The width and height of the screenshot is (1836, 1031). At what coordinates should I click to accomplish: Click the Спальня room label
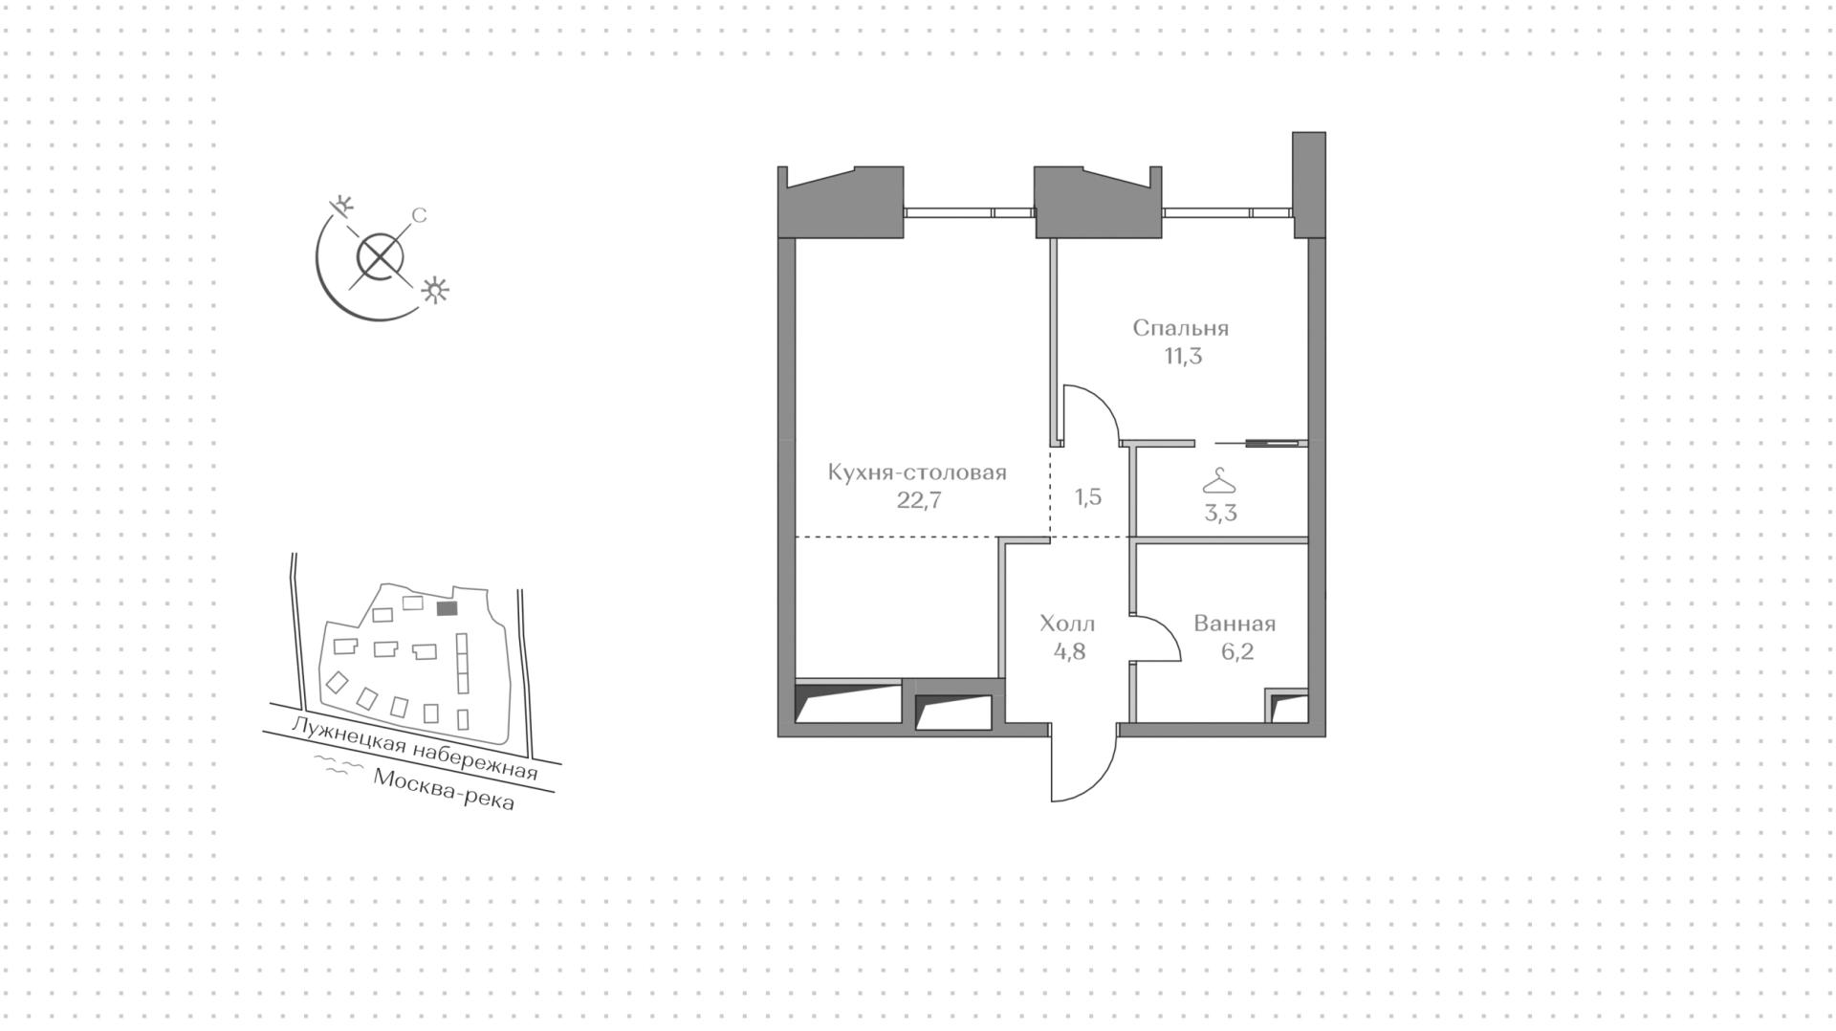[x=1180, y=328]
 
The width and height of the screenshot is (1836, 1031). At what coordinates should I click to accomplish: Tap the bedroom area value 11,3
[x=1182, y=357]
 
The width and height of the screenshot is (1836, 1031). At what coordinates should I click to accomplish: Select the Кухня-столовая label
[x=917, y=472]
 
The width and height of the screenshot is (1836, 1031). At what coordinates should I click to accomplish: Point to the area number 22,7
[x=919, y=500]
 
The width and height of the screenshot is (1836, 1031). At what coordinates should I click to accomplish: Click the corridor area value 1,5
[x=1088, y=497]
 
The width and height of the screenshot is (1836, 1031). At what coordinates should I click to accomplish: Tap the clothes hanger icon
[x=1219, y=480]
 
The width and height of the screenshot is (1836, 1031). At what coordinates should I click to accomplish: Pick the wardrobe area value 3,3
[x=1220, y=514]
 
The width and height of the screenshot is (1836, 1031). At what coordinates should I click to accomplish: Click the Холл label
[x=1067, y=625]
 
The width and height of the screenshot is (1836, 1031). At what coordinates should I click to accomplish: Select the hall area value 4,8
[x=1068, y=652]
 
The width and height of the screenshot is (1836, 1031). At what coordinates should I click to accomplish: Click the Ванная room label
[x=1235, y=625]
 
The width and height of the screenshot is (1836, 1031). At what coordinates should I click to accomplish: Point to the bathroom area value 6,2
[x=1236, y=652]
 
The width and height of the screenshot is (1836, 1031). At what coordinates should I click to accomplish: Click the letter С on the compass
[x=418, y=216]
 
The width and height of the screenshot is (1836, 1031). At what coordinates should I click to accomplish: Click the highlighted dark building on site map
[x=446, y=607]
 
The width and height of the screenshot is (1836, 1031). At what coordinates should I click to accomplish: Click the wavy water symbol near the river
[x=334, y=765]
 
